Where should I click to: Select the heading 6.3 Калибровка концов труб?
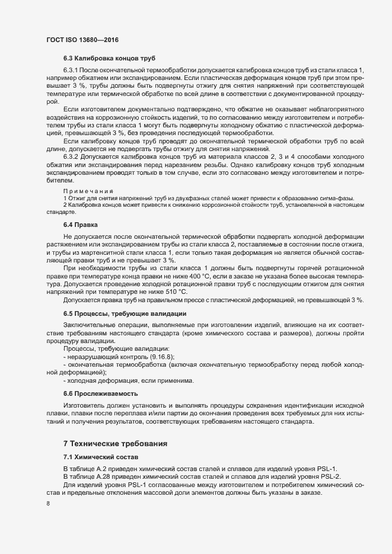tap(109, 60)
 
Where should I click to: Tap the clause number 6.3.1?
tap(72, 72)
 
